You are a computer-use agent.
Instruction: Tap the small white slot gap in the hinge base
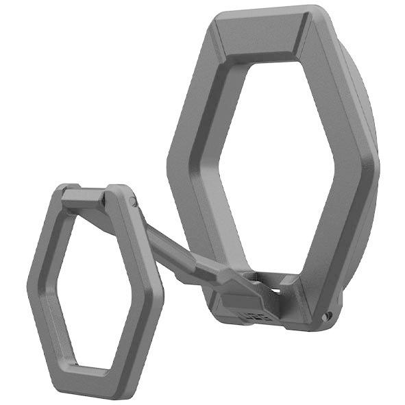click(277, 291)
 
